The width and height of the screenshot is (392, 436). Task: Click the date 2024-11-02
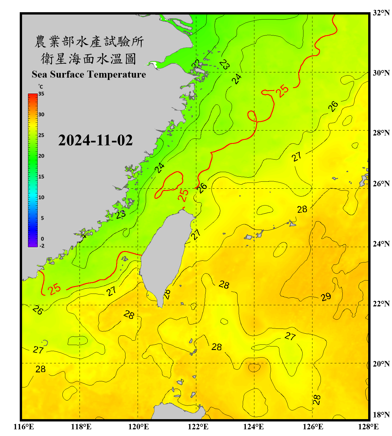click(95, 140)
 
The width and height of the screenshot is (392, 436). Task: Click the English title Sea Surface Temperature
click(89, 74)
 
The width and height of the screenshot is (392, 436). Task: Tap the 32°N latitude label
click(381, 13)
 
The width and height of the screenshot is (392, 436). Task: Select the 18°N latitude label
click(381, 415)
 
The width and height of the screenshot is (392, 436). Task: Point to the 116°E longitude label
click(24, 427)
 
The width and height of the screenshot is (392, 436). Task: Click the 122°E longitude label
click(198, 427)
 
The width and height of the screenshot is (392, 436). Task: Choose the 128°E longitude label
click(368, 427)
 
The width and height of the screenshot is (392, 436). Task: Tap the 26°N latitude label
click(381, 184)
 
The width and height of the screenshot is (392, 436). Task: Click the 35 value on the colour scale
click(41, 94)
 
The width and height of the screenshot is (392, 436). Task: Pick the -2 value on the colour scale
click(42, 246)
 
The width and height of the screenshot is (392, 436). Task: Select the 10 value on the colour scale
click(41, 197)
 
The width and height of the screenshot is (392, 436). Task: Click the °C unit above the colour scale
click(41, 87)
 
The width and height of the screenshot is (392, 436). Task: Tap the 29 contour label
click(326, 297)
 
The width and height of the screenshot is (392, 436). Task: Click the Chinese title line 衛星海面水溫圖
click(89, 59)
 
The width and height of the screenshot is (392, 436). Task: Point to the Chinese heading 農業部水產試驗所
click(89, 42)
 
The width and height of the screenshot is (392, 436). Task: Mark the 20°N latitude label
click(381, 364)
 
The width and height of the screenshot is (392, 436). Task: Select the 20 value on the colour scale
click(41, 156)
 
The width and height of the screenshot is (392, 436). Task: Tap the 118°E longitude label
click(81, 427)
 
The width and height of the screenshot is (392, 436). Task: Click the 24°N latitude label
click(381, 244)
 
